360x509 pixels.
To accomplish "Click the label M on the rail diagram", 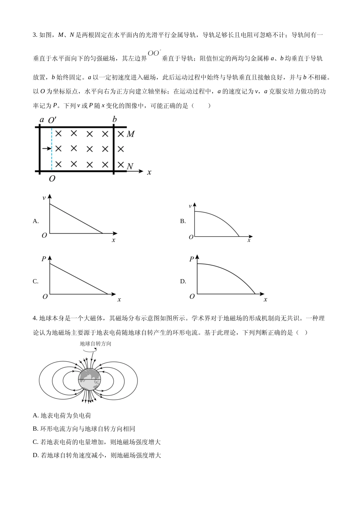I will pos(131,134).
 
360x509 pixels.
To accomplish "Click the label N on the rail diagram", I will pos(130,166).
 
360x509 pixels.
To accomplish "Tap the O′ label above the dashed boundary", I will pos(52,120).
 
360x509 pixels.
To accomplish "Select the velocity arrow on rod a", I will pos(47,149).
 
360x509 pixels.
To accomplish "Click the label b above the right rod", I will pos(114,120).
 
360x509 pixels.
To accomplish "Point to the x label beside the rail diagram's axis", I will pos(149,172).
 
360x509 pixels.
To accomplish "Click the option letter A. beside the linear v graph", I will pos(36,221).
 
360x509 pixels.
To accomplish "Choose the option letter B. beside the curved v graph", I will pos(183,221).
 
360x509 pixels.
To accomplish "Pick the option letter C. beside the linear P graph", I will pos(36,281).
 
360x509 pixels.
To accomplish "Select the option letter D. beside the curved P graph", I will pos(183,281).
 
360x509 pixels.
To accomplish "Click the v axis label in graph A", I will pos(44,198).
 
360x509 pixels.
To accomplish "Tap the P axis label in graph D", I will pos(192,259).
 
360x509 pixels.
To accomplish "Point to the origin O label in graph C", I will pos(45,297).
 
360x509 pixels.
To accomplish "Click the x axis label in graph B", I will pos(249,240).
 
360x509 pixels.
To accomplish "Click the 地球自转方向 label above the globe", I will pos(95,344).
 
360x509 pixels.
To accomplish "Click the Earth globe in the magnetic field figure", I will pos(89,379).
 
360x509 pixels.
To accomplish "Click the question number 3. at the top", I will pos(35,35).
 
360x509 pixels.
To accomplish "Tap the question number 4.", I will pos(35,319).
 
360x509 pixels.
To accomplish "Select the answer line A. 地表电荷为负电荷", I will pos(62,415).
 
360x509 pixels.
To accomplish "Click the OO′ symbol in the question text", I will pos(154,53).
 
